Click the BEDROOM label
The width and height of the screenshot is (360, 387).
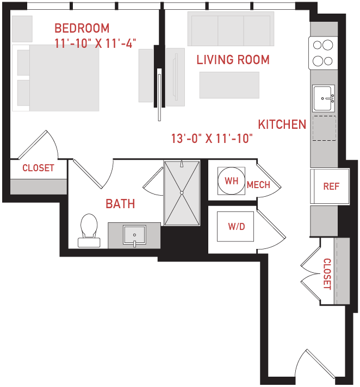(x=82, y=28)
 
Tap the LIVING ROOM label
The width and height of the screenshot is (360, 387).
(x=233, y=60)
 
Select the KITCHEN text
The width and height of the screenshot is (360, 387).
(x=282, y=124)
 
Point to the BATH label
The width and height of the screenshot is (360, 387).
(x=120, y=204)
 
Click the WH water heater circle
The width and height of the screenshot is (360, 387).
(x=231, y=180)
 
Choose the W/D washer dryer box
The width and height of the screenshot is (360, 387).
(x=235, y=226)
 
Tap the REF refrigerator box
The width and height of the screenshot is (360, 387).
(x=330, y=186)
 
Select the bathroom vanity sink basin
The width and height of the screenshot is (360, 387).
(x=134, y=235)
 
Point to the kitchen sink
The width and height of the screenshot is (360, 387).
(x=324, y=98)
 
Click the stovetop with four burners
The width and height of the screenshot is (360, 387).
(x=323, y=53)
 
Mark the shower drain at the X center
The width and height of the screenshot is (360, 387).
(x=182, y=193)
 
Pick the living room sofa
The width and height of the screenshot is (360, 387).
(x=231, y=29)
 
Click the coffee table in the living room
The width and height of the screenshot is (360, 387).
(x=229, y=85)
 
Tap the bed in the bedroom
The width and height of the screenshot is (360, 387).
(x=55, y=78)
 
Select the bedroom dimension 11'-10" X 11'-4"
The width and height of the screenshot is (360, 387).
(x=95, y=43)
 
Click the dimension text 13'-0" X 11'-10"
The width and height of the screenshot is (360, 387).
(x=212, y=139)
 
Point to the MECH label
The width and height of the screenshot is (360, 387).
(x=258, y=185)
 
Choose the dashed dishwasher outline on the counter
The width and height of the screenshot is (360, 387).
(x=324, y=128)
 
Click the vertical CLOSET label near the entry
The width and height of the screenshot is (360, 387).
(x=327, y=274)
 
